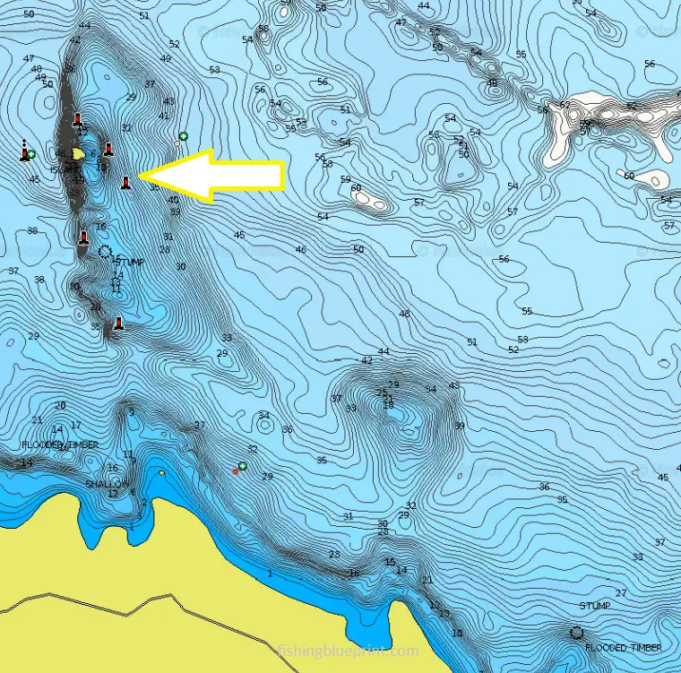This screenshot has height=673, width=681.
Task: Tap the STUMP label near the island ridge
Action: point(130,263)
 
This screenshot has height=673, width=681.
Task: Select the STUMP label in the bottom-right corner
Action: point(594,606)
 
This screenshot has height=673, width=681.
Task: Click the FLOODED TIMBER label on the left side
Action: point(60,444)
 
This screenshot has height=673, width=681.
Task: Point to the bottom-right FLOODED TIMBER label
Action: point(624,647)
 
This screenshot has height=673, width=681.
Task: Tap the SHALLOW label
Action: point(107,484)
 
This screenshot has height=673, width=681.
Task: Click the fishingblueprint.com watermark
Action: point(348,651)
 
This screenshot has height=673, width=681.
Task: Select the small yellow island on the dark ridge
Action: point(79,154)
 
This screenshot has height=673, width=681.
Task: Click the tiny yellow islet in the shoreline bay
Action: point(161,472)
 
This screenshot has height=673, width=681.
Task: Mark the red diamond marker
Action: point(235,471)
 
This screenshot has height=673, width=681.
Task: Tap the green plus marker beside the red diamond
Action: point(242,466)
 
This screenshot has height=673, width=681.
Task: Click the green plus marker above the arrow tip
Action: point(183,135)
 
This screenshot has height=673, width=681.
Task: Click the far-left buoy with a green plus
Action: point(24,154)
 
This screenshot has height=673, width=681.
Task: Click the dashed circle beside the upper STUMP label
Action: point(105,253)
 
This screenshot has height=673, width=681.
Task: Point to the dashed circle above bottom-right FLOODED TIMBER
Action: point(576,633)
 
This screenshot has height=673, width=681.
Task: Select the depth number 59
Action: point(345,179)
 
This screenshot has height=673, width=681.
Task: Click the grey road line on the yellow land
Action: point(134,608)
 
